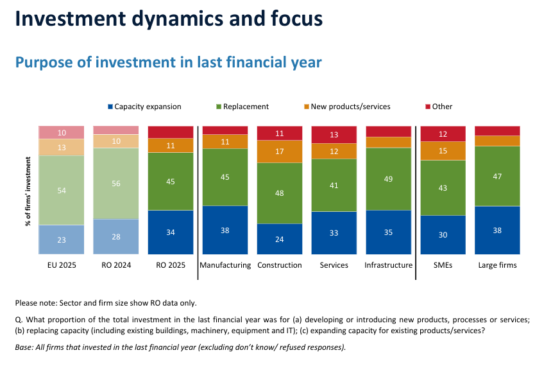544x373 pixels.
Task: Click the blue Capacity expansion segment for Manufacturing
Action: (225, 230)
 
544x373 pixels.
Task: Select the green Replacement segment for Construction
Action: (280, 193)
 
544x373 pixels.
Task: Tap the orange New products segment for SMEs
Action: (443, 150)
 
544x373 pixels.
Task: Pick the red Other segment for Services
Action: (334, 135)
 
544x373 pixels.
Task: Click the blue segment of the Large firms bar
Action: (498, 230)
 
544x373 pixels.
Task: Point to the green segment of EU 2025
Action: (62, 190)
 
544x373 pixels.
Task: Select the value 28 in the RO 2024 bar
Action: (116, 238)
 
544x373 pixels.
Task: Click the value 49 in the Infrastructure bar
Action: (389, 178)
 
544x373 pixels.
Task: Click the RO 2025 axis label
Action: (171, 265)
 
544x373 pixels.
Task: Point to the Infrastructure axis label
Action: (389, 265)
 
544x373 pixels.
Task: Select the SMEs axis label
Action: (443, 265)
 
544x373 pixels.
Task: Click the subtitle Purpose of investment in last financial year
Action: (168, 62)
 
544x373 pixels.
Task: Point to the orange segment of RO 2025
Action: (171, 145)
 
